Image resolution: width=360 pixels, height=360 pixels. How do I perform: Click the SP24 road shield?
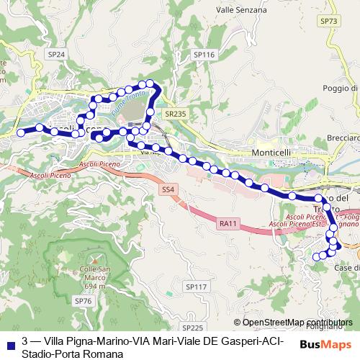coord(56,54)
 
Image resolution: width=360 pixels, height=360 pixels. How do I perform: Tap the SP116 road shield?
coord(204,55)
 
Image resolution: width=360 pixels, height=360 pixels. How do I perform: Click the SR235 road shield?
coord(175,113)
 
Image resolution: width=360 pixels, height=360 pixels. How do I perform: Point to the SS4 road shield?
coord(168,189)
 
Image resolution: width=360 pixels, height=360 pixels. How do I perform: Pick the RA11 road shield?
coord(228,224)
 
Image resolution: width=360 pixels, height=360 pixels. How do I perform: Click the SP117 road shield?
coord(196,287)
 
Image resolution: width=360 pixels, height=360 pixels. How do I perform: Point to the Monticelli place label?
coord(271,153)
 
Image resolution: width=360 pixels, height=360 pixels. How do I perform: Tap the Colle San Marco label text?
coord(91,274)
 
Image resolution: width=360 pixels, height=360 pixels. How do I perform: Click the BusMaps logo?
coord(330,344)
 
